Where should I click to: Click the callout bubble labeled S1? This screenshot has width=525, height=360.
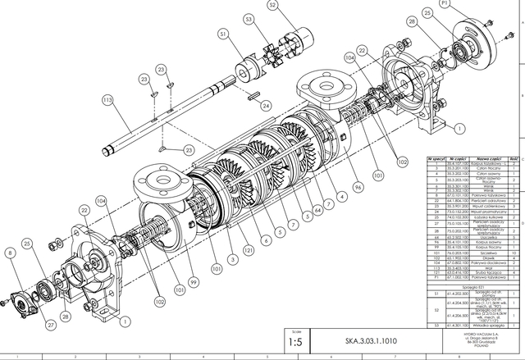pyautogui.click(x=223, y=34)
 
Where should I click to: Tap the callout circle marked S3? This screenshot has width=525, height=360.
pyautogui.click(x=249, y=18)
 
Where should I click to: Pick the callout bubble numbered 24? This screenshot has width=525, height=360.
pyautogui.click(x=265, y=106)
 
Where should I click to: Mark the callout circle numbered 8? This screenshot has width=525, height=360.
pyautogui.click(x=10, y=255)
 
